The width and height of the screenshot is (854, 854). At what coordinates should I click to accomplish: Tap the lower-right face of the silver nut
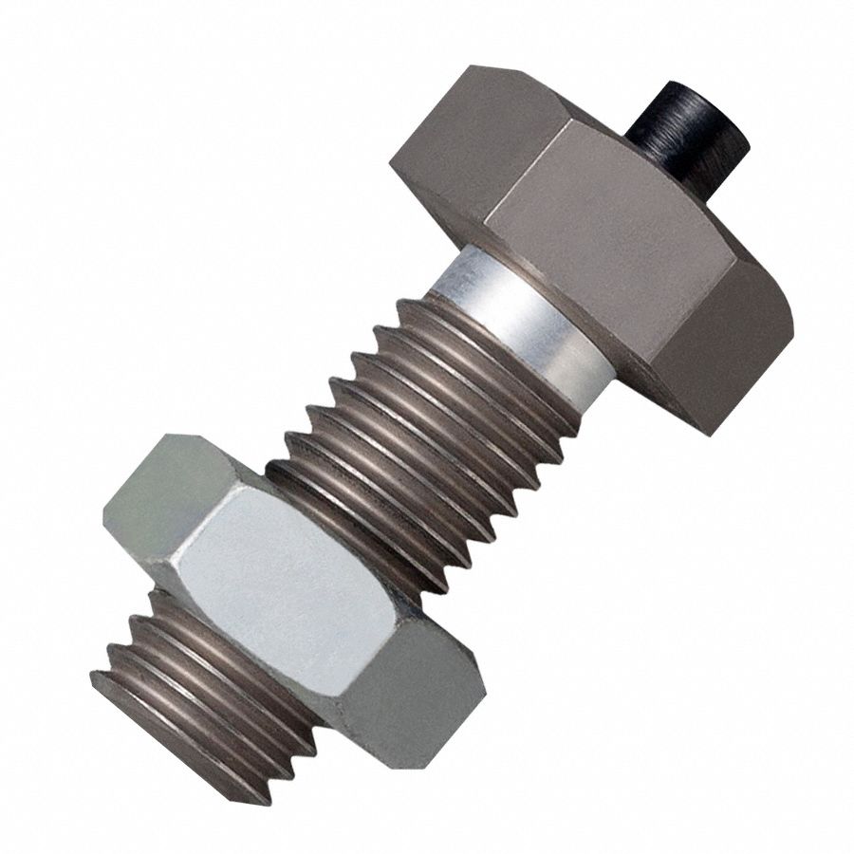pos(408,702)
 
